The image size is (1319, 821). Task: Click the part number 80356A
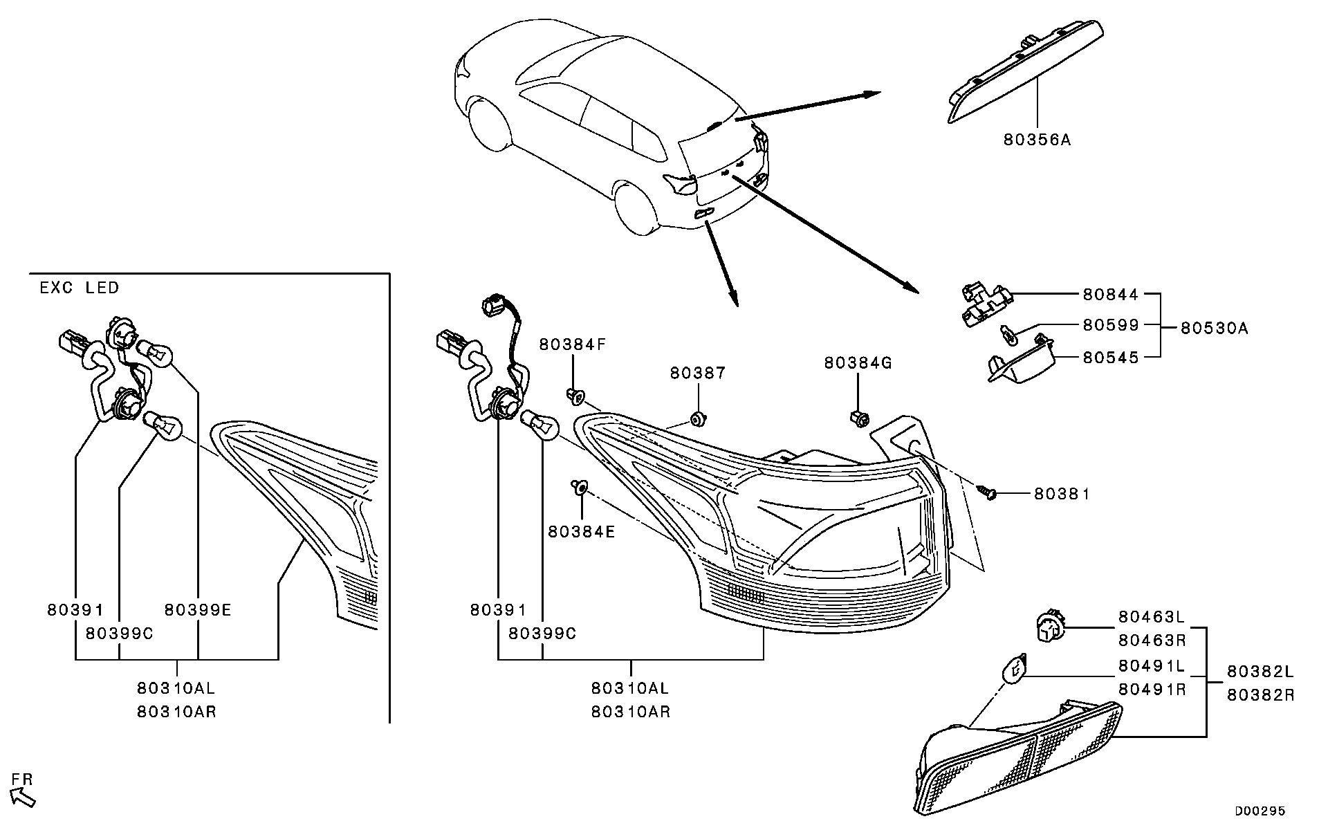[x=1037, y=140]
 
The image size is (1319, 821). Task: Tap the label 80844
[x=1111, y=294]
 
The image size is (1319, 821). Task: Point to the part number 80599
[x=1111, y=325]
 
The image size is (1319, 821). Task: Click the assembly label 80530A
[x=1214, y=328]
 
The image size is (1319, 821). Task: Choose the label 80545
[x=1111, y=357]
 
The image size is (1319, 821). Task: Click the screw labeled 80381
[x=987, y=492]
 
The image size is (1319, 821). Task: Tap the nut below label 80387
[x=698, y=418]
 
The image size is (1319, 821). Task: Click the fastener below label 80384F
[x=575, y=396]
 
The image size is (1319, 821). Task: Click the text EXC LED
[x=80, y=288]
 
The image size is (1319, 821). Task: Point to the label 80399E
[x=198, y=609]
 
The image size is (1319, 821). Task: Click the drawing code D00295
[x=1260, y=810]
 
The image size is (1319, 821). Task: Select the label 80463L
[x=1152, y=616]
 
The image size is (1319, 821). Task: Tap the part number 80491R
[x=1152, y=690]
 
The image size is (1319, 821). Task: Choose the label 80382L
[x=1260, y=671]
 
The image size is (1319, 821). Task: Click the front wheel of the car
[x=490, y=122]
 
